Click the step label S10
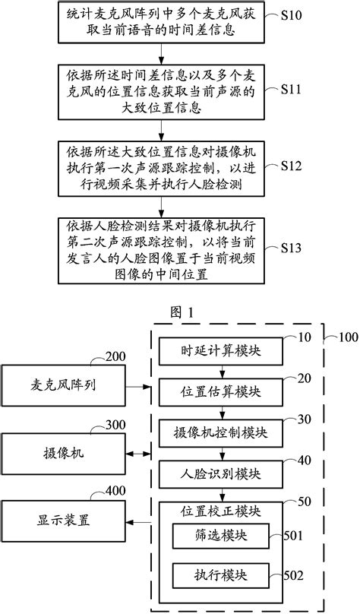pos(292,17)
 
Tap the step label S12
pos(292,166)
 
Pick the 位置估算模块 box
pos(221,391)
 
